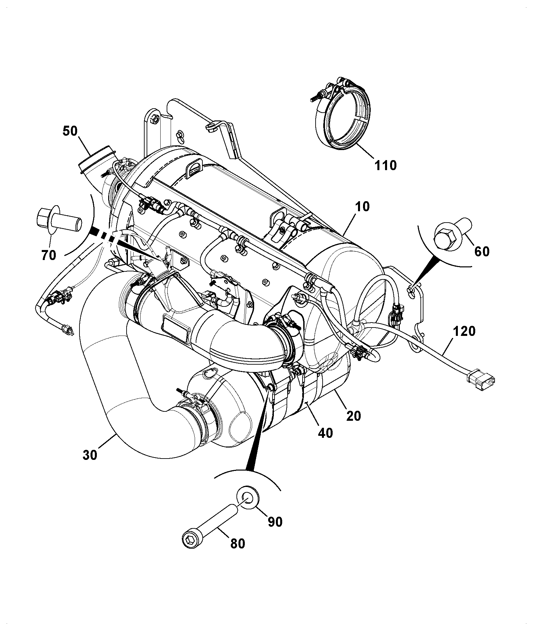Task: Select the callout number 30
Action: click(x=90, y=455)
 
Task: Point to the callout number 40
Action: click(x=325, y=433)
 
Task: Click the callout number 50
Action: click(x=70, y=131)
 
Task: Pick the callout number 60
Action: click(x=482, y=251)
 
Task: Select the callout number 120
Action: click(x=464, y=332)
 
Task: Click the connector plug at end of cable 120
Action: click(x=481, y=378)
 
